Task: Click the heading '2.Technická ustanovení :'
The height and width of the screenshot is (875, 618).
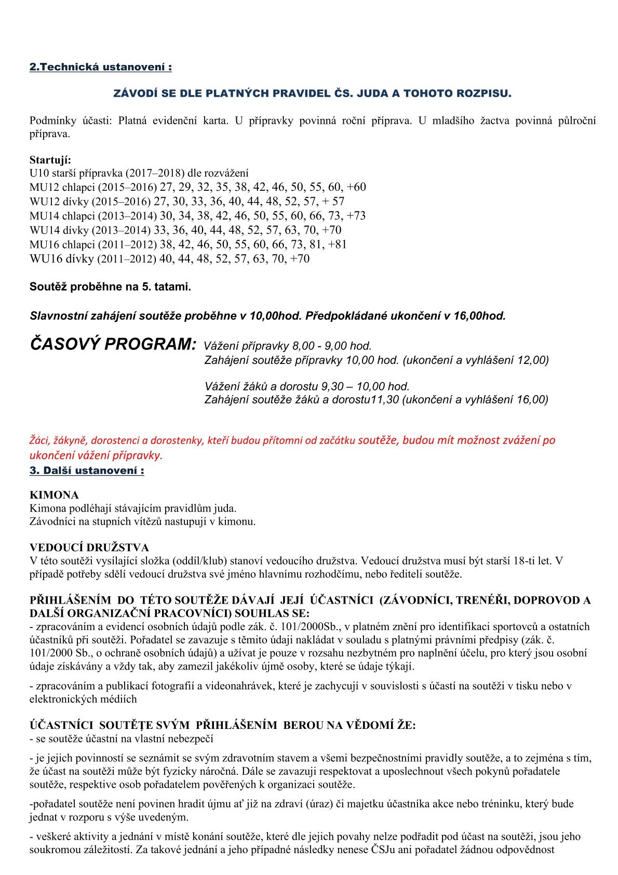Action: [x=100, y=68]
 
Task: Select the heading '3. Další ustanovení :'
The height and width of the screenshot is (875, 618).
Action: [x=87, y=471]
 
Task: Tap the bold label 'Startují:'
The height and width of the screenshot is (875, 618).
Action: [x=50, y=159]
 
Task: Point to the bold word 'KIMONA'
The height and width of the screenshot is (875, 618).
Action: [x=54, y=495]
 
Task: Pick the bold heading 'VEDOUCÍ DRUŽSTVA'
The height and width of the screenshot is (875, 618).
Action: [x=89, y=547]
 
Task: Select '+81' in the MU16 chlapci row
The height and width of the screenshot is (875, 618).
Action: [x=336, y=245]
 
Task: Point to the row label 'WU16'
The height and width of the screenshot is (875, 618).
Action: [x=46, y=259]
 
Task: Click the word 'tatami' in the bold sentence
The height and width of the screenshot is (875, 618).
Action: [x=173, y=287]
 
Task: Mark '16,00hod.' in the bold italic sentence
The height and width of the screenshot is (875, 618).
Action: [x=481, y=316]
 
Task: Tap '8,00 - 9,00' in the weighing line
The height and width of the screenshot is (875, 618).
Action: [x=320, y=346]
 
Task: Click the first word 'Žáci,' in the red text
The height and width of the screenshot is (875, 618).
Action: [x=39, y=440]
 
